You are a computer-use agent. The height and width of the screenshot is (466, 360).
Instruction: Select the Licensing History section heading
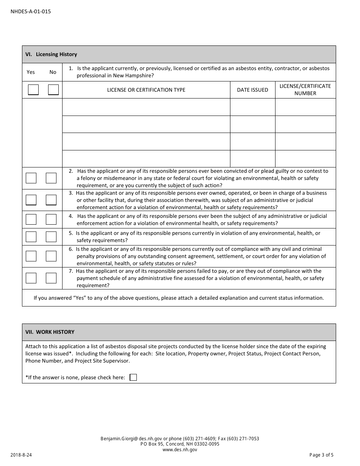(x=51, y=54)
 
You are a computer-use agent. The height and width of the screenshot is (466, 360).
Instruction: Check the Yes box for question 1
(x=33, y=90)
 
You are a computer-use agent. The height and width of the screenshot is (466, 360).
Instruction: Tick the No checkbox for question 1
(x=53, y=90)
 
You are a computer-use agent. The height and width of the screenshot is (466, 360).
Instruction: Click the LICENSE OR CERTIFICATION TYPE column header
(x=146, y=90)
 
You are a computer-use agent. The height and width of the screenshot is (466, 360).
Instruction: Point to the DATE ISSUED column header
(x=252, y=90)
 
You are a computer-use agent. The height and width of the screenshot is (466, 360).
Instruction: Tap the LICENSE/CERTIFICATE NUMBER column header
(x=305, y=89)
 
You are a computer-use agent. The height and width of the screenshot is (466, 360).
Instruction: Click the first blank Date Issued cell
(x=252, y=107)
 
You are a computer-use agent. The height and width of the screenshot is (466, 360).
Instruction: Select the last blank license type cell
(x=146, y=159)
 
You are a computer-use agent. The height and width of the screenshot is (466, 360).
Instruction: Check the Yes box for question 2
(x=31, y=178)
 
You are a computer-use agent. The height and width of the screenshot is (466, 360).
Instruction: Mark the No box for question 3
(x=51, y=200)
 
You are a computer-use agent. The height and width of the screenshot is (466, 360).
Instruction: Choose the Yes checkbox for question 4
(x=31, y=219)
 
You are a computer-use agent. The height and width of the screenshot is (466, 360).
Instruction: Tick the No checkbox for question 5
(x=51, y=237)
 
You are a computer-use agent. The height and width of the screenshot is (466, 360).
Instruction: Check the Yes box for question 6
(x=31, y=256)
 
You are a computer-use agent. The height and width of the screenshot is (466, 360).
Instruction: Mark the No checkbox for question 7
(x=51, y=278)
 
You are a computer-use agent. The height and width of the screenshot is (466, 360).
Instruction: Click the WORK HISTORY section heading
(x=50, y=332)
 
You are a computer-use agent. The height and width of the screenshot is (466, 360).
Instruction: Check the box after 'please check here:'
(x=133, y=377)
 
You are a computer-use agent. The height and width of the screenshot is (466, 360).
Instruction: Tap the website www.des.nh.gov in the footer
(x=180, y=450)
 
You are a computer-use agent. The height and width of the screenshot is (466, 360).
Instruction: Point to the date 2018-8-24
(x=21, y=455)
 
